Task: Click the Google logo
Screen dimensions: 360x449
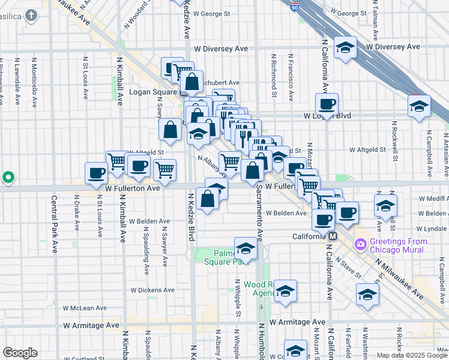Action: click(20, 353)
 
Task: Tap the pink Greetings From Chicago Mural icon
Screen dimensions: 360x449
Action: click(360, 244)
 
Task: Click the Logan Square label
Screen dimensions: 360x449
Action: click(153, 92)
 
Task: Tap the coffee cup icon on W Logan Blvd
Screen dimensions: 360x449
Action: click(327, 104)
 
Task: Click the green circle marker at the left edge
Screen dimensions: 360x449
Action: click(8, 178)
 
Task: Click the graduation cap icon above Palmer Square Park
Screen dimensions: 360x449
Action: click(245, 248)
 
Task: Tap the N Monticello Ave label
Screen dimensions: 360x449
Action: click(34, 82)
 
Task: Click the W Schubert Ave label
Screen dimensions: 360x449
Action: click(219, 83)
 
